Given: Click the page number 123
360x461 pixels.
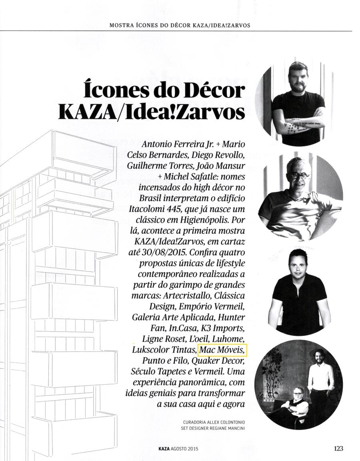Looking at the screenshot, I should tap(338, 448).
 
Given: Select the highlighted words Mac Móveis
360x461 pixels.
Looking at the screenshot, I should tap(222, 350).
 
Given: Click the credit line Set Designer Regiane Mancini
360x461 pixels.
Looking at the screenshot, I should tap(213, 429).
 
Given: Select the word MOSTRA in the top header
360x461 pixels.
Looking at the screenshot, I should tap(122, 25).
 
